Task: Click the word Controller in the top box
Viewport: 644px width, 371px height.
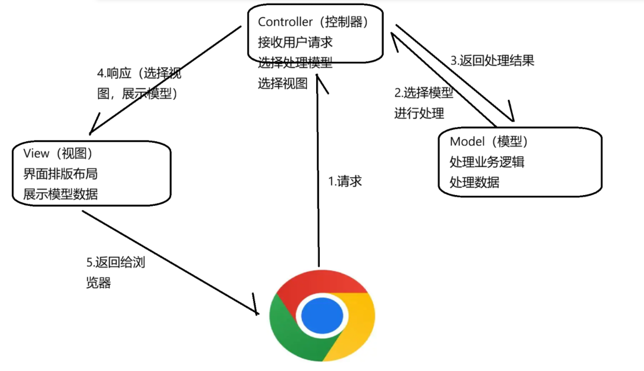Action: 285,22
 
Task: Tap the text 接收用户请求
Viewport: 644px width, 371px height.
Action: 296,42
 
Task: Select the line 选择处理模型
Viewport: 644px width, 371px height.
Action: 296,63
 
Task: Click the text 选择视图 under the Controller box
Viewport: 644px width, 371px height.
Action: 283,83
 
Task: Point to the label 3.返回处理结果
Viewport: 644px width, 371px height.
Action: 492,60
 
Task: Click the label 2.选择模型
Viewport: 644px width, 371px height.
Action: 424,93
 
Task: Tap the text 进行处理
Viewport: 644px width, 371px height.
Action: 419,113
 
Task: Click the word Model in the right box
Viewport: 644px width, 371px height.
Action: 467,141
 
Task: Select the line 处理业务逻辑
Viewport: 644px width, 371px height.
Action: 487,162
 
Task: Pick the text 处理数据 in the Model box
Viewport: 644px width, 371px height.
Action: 474,182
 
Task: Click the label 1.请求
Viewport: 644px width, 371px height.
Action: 345,181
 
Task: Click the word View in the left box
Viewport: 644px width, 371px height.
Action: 36,154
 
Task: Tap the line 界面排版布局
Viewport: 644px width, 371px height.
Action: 60,174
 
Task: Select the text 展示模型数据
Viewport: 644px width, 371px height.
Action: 60,194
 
